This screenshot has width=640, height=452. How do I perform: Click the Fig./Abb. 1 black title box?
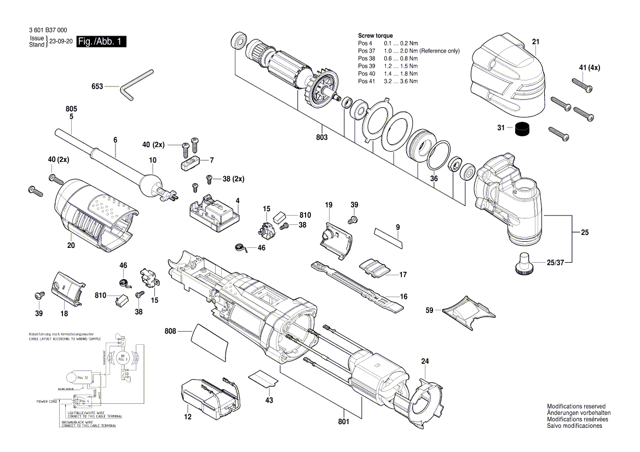click(x=101, y=42)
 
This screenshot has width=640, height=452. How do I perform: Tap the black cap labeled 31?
click(x=523, y=130)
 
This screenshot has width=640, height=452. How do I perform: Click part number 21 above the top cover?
click(x=535, y=42)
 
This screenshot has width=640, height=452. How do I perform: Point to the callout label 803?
click(x=321, y=137)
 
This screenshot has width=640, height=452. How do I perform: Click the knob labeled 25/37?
click(x=525, y=263)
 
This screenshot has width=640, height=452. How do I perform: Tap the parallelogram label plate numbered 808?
click(x=209, y=342)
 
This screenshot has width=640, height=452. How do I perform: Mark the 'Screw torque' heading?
click(x=375, y=36)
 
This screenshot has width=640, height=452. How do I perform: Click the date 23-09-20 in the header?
click(x=61, y=42)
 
